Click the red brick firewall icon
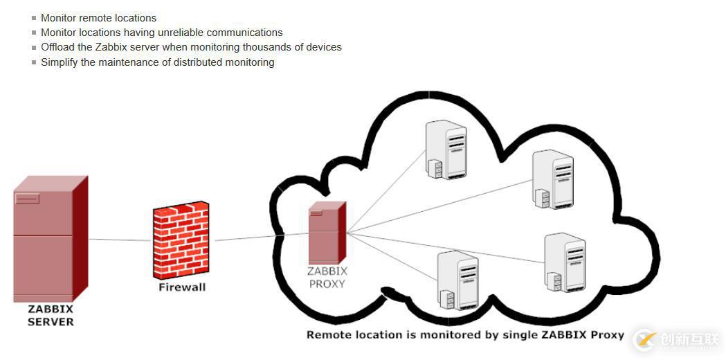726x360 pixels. (x=181, y=240)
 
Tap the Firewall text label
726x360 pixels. (x=182, y=287)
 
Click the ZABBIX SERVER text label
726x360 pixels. (x=51, y=315)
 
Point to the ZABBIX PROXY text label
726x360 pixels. (x=327, y=277)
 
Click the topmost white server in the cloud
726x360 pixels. (x=446, y=150)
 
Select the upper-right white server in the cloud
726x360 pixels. (x=552, y=179)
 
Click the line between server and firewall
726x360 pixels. (x=119, y=240)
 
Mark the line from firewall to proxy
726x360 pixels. (x=260, y=237)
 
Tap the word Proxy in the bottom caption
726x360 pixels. (x=608, y=335)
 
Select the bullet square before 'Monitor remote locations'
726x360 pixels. (x=34, y=18)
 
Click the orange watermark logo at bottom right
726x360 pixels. (x=646, y=340)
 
